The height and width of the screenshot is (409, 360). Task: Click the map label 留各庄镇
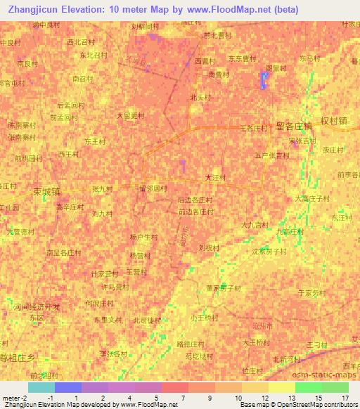[294, 126]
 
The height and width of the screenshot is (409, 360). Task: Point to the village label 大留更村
[130, 115]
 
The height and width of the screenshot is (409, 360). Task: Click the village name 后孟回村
[70, 105]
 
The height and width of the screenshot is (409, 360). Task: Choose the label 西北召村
[79, 42]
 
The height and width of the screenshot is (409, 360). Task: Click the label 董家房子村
[223, 288]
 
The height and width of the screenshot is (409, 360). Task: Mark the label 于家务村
[312, 292]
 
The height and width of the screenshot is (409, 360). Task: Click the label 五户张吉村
[272, 156]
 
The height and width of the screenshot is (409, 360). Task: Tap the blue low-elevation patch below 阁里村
[264, 80]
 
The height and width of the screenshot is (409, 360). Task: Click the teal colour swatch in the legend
[41, 387]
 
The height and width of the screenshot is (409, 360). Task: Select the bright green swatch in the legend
[308, 387]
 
